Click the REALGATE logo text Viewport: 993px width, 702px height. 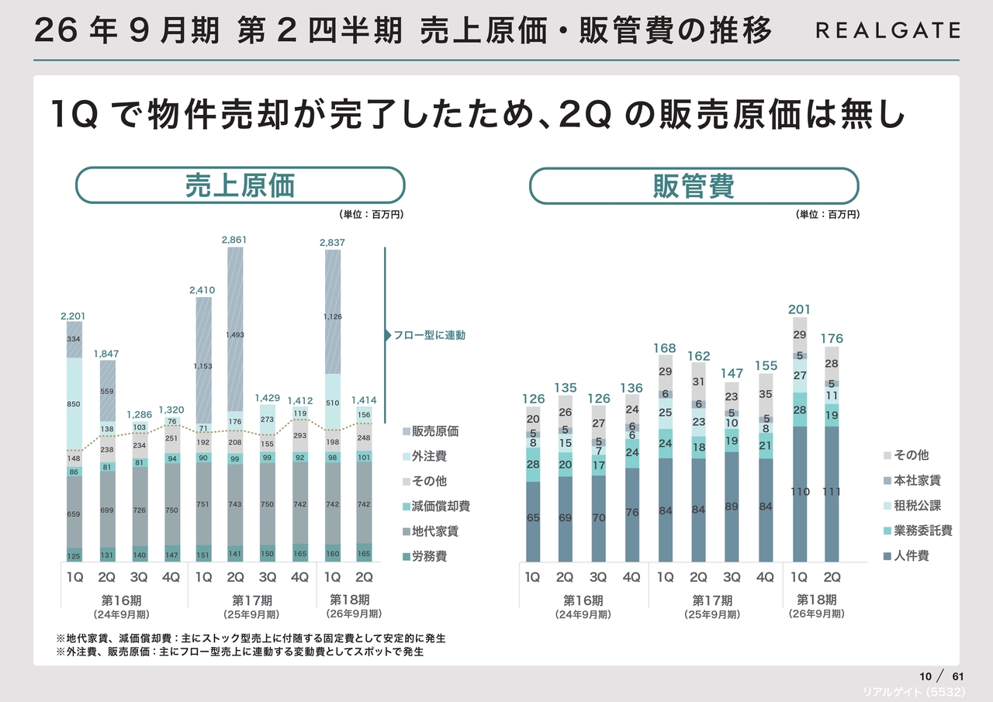coord(887,31)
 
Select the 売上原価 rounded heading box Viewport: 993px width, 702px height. coord(240,186)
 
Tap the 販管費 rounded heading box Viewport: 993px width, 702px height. coord(694,186)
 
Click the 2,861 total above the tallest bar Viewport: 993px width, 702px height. coord(234,240)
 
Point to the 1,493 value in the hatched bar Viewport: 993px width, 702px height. coord(234,335)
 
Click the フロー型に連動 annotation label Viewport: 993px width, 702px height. coord(430,336)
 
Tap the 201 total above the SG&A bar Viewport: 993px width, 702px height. coord(799,310)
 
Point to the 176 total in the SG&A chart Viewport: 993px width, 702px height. coord(832,339)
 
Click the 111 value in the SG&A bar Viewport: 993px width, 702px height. coord(832,492)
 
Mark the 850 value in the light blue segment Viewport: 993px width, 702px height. coord(74,404)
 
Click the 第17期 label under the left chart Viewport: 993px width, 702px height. coord(252,600)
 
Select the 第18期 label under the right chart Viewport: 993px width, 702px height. coord(816,600)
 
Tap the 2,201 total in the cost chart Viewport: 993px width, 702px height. coord(74,316)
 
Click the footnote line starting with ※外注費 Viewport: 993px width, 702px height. coord(240,652)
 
